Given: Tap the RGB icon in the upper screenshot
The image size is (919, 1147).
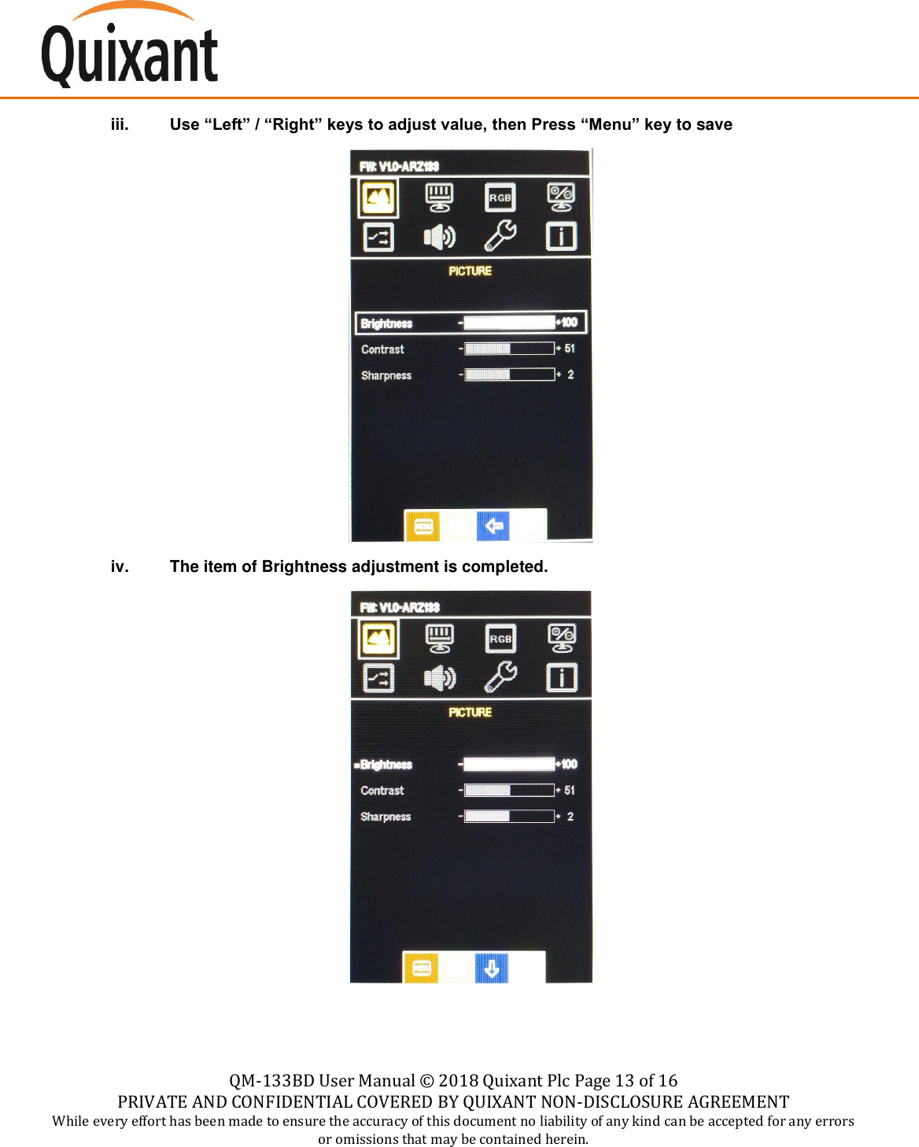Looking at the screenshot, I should point(500,197).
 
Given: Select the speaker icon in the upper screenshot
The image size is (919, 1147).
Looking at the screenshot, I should point(439,236).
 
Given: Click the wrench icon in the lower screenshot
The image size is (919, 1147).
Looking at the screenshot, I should point(500,677).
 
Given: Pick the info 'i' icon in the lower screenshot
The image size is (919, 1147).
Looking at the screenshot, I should point(561,677).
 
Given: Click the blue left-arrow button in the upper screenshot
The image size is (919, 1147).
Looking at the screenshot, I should point(493,526).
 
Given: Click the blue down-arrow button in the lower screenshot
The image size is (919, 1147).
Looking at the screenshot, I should point(492,968).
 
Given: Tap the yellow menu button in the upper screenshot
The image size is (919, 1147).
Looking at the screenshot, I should point(423,526).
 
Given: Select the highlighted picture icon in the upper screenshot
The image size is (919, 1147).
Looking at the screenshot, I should point(378,197).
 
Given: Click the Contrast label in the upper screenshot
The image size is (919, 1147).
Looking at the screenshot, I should point(382,349).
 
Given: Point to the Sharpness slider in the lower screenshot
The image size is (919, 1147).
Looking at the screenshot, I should point(509,817).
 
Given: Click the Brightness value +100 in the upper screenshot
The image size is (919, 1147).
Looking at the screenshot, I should point(567,323).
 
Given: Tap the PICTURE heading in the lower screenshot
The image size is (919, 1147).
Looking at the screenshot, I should point(470,712).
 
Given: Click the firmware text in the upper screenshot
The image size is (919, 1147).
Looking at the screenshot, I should point(399,166).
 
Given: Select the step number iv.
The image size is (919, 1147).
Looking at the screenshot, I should point(120,566).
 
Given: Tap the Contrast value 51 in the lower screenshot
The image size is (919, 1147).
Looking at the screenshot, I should point(570,790).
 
